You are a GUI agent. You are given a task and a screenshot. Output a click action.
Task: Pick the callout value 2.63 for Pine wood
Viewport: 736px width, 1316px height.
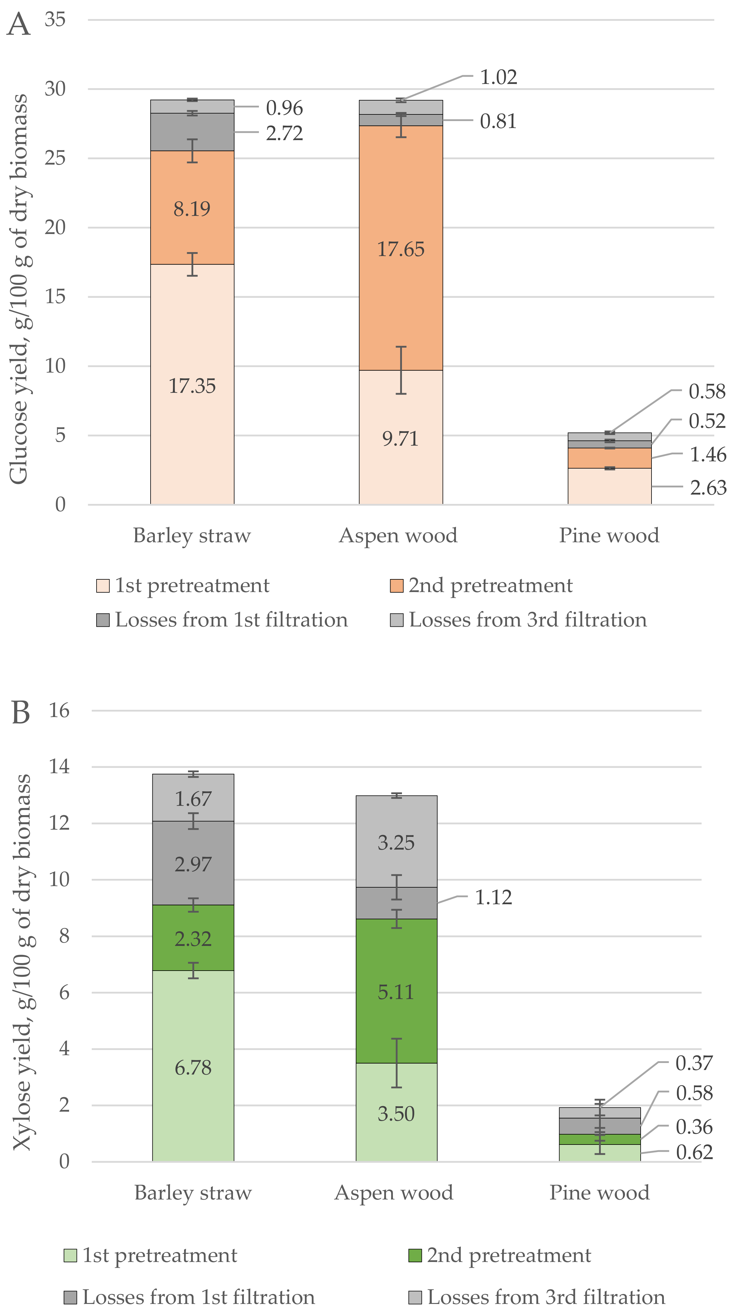point(708,488)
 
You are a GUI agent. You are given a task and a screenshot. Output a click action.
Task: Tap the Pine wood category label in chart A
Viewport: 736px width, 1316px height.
point(609,535)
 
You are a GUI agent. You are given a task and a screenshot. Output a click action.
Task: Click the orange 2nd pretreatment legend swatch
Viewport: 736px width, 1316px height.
point(396,585)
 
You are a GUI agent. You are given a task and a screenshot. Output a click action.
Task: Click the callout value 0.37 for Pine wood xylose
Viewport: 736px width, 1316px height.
point(694,1063)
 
